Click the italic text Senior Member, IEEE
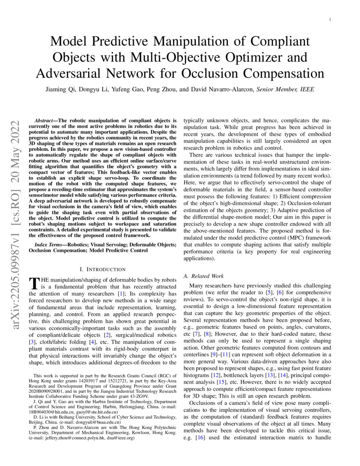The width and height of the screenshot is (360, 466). click(286, 90)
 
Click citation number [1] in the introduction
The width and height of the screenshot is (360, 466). click(121, 294)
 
